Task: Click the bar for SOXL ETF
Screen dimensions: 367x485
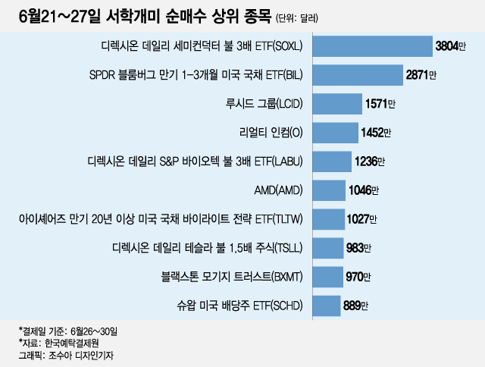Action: (x=371, y=46)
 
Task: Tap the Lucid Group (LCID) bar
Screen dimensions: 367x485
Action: (x=336, y=104)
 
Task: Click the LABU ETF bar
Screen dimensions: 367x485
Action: (x=329, y=162)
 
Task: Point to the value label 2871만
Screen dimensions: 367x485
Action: (x=421, y=76)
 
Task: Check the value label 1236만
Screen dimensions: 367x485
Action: (x=371, y=162)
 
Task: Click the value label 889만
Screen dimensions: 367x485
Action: (x=355, y=306)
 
